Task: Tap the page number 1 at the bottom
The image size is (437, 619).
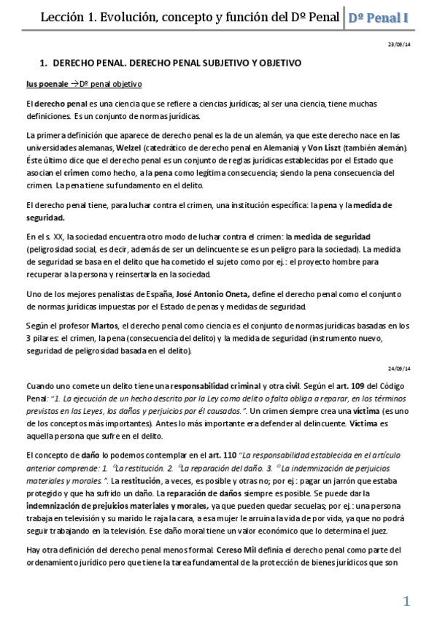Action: (407, 600)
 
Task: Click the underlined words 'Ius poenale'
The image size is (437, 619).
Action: (49, 85)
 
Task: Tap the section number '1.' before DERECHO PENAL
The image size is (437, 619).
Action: (42, 64)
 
